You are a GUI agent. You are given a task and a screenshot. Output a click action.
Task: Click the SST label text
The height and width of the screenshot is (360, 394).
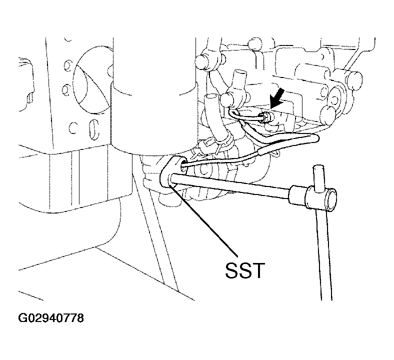point(245,270)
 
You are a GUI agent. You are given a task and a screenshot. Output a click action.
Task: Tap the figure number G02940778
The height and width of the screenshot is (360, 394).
point(51,318)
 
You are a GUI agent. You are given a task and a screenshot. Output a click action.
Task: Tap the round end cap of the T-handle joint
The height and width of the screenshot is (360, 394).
point(330,199)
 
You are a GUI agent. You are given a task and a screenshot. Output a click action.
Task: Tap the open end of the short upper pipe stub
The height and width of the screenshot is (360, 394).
point(239,73)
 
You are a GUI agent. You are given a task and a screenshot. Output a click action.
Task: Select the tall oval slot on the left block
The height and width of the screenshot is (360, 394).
point(94,129)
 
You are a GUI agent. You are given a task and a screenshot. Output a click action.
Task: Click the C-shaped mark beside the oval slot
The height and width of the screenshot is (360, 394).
point(72,127)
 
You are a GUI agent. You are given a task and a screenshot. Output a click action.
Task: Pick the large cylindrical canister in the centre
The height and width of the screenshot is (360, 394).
point(154,95)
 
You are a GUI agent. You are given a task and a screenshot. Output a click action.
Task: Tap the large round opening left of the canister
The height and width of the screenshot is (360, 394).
point(92,80)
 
